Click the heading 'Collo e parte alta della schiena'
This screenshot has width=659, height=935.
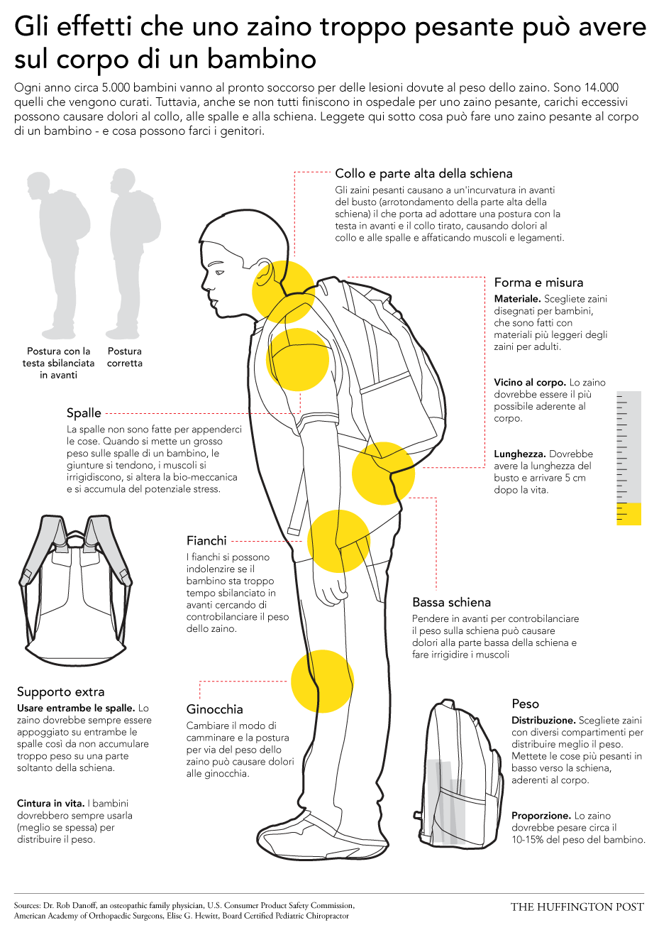pos(423,173)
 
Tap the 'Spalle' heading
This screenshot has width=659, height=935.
pos(84,413)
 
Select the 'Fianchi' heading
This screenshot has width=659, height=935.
pos(206,540)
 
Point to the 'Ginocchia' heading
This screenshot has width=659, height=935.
pos(214,709)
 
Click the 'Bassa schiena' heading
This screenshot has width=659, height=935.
pos(452,602)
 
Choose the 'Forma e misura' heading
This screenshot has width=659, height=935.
pos(538,283)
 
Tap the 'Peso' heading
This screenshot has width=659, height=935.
pos(525,704)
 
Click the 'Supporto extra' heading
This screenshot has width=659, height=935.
pos(60,691)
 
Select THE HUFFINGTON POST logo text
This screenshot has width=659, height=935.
pos(577,907)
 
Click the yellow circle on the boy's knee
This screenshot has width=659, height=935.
pos(322,682)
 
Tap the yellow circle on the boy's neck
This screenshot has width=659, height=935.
pos(283,292)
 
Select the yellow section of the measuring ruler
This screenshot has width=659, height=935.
pos(628,514)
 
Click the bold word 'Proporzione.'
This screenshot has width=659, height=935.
pos(541,816)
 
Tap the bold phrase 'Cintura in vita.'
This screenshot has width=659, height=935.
pos(50,803)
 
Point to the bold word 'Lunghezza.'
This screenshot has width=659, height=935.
pos(520,454)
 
